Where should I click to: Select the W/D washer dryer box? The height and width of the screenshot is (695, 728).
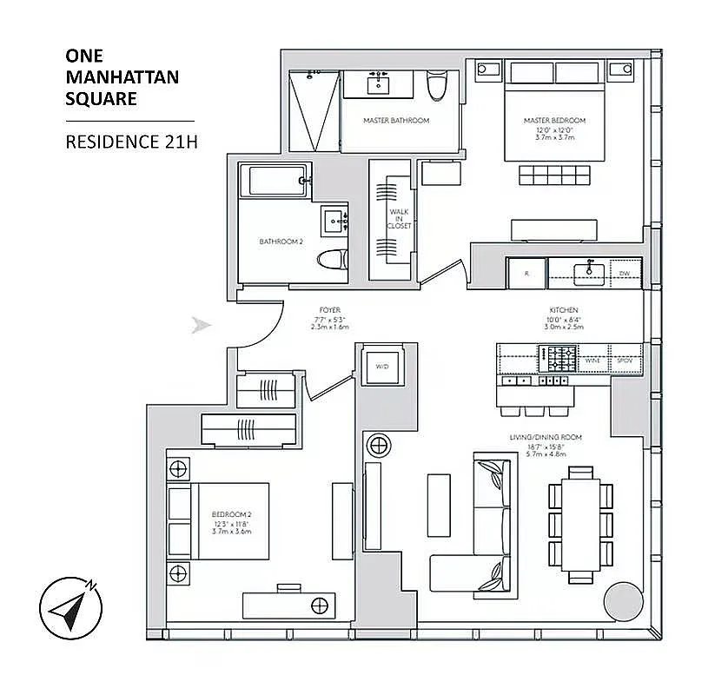[x=381, y=367]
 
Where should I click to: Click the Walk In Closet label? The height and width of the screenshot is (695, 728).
[x=399, y=218]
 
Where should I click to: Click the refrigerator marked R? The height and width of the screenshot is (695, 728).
[x=526, y=273]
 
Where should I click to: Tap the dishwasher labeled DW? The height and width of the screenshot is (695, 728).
[x=624, y=274]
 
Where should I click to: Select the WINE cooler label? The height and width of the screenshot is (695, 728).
[x=593, y=359]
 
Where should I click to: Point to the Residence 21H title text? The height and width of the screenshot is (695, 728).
[x=131, y=142]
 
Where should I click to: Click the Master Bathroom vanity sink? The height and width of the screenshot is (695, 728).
[x=379, y=84]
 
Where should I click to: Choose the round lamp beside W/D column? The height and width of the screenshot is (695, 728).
[x=379, y=447]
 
